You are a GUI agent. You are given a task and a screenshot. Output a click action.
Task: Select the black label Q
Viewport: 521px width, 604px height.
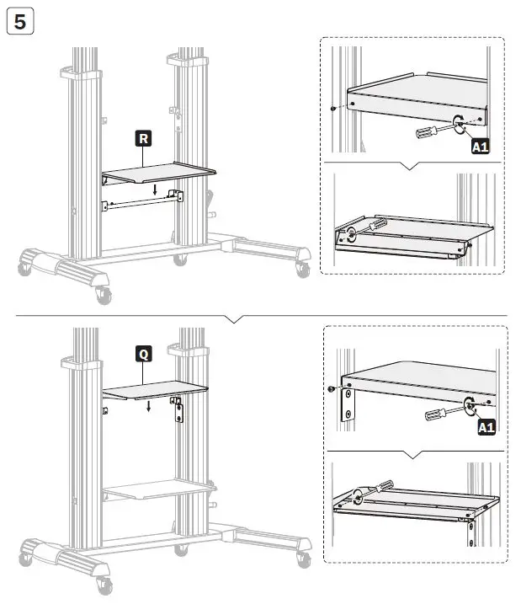pos(144,355)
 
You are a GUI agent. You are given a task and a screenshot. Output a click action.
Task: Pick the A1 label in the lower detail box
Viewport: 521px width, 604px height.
pos(486,427)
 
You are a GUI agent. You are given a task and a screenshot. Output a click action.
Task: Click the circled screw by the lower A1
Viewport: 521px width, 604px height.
pos(468,405)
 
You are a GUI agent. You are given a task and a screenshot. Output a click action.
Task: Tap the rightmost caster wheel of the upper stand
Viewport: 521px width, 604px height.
pos(300,270)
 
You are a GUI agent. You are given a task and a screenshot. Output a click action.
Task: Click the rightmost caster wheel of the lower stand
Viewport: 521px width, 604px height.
pos(300,557)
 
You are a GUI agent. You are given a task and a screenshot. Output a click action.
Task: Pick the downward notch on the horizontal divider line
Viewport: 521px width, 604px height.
pos(237,319)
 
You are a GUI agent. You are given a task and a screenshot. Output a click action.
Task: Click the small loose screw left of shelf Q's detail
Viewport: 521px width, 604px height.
pos(332,389)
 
